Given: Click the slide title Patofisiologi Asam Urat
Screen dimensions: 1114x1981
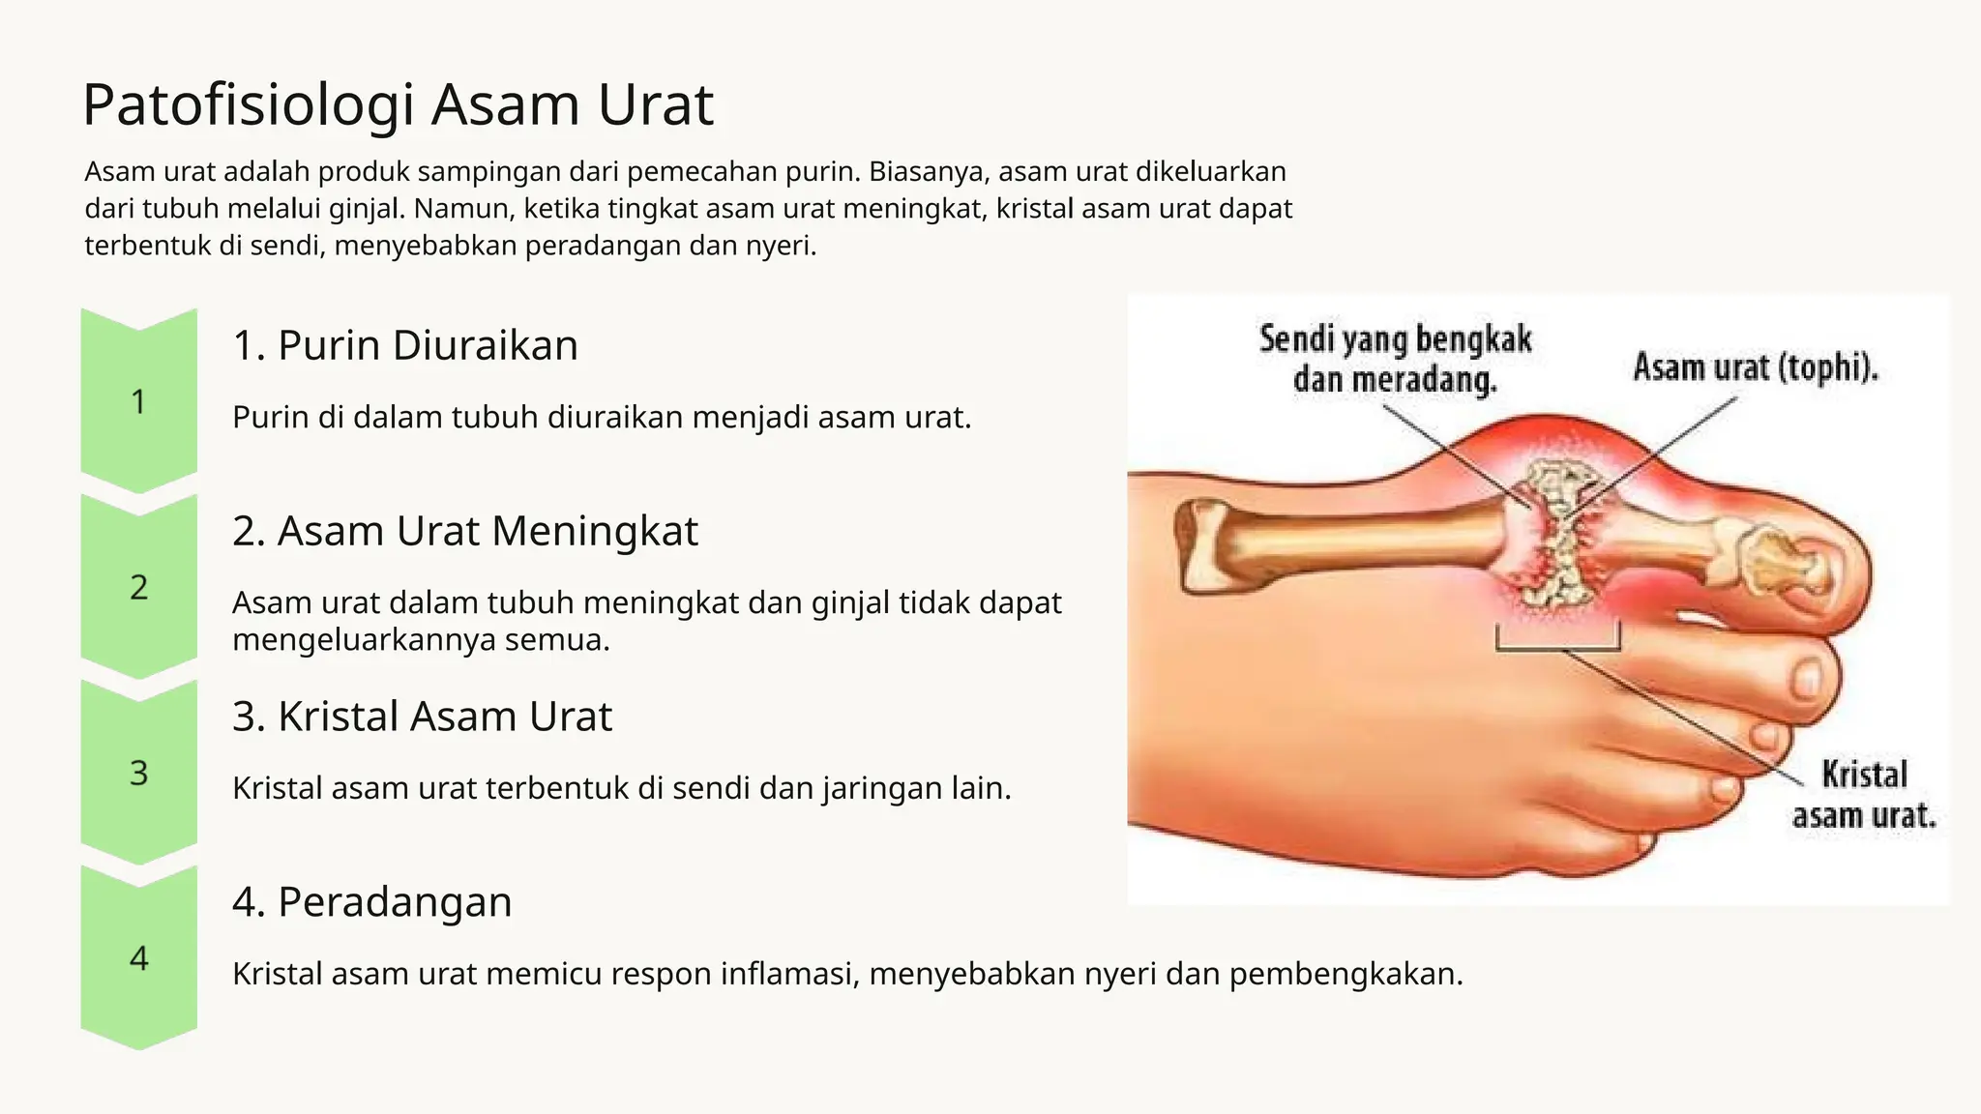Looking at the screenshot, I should (x=398, y=104).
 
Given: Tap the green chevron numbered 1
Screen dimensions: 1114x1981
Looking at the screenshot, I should (x=138, y=400).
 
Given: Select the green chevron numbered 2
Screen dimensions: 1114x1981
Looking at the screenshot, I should (x=138, y=586).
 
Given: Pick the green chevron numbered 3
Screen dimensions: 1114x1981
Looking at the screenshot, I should (x=138, y=772).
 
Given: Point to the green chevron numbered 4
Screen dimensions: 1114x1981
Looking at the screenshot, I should (x=138, y=957).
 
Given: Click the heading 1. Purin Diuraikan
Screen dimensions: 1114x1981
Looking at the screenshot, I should (x=404, y=345).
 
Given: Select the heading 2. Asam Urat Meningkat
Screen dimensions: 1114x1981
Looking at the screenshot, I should (x=464, y=531).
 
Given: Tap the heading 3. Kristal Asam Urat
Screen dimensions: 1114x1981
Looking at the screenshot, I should (x=422, y=717).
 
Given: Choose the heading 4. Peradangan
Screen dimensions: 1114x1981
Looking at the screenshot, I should (x=371, y=902).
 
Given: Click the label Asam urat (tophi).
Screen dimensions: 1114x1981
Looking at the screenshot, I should (x=1755, y=367).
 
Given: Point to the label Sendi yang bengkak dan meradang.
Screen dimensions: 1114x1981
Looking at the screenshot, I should (x=1395, y=359).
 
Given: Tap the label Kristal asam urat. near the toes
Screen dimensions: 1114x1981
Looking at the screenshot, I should (x=1863, y=795).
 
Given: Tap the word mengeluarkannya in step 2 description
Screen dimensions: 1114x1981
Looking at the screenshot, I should (x=364, y=640).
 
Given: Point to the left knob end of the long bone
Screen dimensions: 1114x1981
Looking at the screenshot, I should (x=1200, y=545).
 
